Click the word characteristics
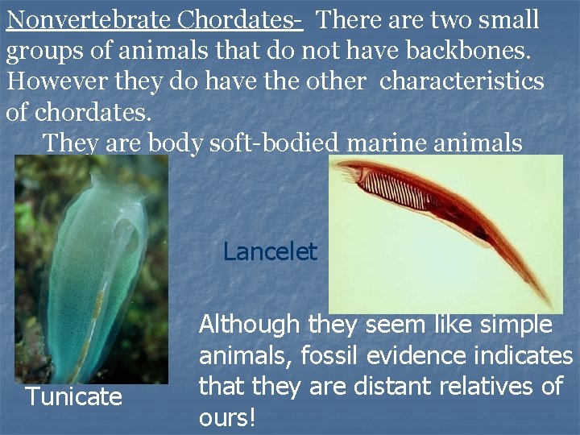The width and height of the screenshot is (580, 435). click(x=462, y=82)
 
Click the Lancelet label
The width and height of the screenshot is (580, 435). click(x=270, y=252)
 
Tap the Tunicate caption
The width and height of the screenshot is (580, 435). click(x=73, y=396)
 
